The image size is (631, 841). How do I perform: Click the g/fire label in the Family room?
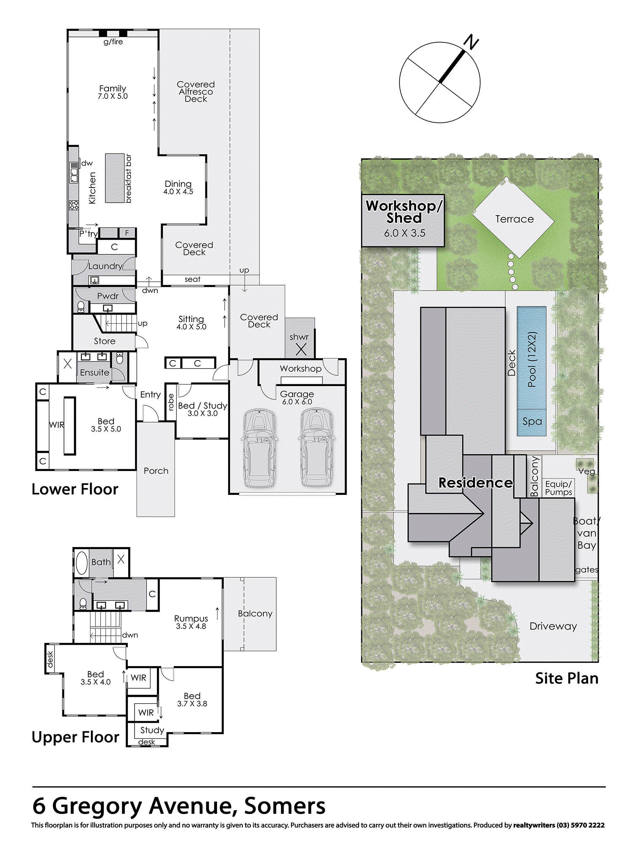(113, 42)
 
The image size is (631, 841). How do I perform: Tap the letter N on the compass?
(471, 42)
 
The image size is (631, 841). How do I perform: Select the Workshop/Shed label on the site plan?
(404, 212)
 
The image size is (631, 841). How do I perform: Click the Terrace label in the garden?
(514, 219)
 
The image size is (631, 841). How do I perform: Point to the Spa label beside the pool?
(532, 421)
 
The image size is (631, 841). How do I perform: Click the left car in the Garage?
(259, 448)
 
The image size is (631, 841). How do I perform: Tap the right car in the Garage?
(316, 448)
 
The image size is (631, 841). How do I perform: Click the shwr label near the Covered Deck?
(299, 337)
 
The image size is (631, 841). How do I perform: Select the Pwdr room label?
(108, 296)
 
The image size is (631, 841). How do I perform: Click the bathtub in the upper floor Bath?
(82, 563)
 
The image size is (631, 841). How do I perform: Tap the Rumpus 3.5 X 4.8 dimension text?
(191, 626)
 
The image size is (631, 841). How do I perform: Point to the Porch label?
(156, 471)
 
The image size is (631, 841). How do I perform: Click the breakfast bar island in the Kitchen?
(115, 178)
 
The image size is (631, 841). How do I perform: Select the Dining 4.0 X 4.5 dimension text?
(178, 192)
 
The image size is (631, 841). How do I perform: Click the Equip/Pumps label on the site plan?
(559, 488)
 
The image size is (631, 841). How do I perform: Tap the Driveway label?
(553, 627)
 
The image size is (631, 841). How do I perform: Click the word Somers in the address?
(285, 806)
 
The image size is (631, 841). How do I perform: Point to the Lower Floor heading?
(75, 489)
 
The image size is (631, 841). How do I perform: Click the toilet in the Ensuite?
(119, 358)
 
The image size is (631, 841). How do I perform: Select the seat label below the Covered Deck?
(193, 279)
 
